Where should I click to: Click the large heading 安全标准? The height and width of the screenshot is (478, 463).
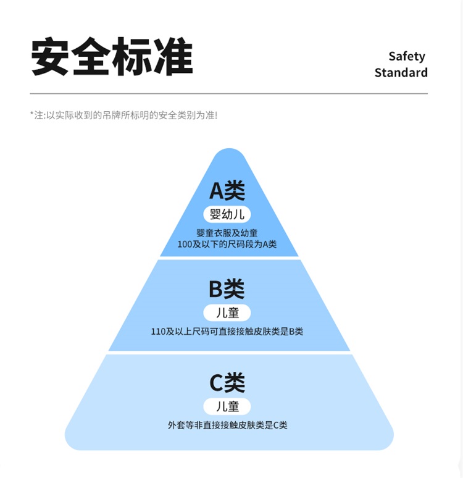(112, 57)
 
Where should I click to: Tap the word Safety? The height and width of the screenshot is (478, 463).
(407, 56)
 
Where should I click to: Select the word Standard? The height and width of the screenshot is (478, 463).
(401, 72)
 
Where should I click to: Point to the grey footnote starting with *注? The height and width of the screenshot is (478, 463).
(123, 115)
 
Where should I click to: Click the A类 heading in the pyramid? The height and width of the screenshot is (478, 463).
(227, 191)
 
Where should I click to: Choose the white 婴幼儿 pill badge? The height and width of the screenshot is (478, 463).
(227, 214)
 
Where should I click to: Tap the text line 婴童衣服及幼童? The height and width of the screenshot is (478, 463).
(227, 233)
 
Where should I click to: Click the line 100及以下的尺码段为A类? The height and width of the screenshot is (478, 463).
(227, 244)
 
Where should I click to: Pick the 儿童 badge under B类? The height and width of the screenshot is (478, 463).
(227, 312)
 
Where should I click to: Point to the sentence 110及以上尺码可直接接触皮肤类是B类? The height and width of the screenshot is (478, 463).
(227, 332)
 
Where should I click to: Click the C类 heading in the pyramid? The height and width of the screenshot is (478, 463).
(227, 383)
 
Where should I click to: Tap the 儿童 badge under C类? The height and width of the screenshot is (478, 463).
(227, 406)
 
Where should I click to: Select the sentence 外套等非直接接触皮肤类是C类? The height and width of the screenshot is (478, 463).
(227, 425)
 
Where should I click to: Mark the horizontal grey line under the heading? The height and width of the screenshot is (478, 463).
(228, 94)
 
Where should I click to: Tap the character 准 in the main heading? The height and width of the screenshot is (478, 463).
(173, 57)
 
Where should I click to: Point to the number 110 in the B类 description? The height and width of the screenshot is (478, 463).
(159, 332)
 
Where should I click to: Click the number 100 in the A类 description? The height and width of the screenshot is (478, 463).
(185, 244)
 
